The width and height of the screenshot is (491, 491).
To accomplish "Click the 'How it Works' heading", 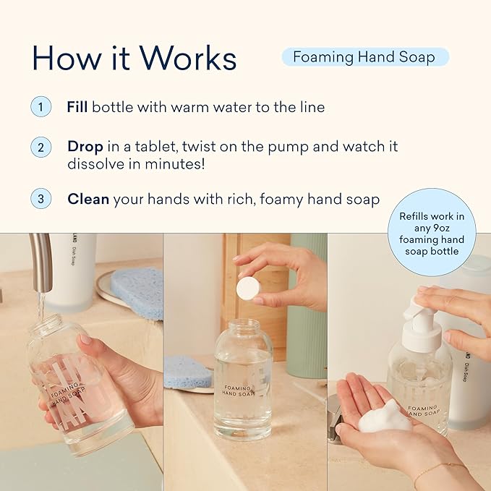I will (x=134, y=58).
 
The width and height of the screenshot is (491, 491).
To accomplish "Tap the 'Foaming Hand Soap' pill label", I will (x=365, y=57).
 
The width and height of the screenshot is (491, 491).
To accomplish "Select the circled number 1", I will (x=41, y=107).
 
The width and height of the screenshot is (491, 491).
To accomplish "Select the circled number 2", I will (x=41, y=147).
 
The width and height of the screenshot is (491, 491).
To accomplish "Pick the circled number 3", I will (x=41, y=199).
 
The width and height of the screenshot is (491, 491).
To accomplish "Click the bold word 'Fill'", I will (x=77, y=107).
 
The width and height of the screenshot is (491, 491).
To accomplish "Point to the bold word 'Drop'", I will (x=85, y=147).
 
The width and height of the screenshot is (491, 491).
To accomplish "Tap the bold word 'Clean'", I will (x=88, y=199).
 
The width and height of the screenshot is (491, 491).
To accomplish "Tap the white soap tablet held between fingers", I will (x=248, y=289).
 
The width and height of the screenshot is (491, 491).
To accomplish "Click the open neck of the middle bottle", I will (x=244, y=328).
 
